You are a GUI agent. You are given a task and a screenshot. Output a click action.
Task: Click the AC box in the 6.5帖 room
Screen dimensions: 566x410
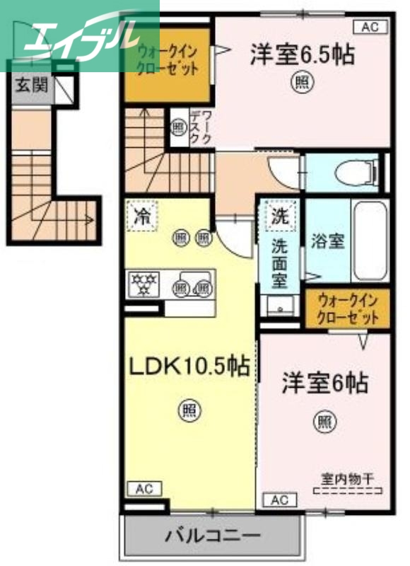[x=370, y=28]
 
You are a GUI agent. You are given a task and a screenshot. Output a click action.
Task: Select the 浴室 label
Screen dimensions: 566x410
[x=328, y=241]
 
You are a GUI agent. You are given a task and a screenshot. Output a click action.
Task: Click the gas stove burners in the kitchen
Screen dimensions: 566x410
[x=144, y=285]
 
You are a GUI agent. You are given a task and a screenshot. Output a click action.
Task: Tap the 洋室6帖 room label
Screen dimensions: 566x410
[x=324, y=384]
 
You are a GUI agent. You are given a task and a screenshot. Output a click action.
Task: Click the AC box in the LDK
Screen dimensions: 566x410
[x=144, y=488]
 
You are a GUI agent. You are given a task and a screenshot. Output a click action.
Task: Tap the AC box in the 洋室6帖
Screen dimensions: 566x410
[x=280, y=500]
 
